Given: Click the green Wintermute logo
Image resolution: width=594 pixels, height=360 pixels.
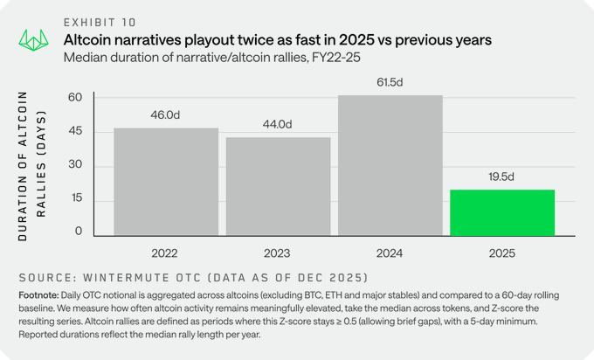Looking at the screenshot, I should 33,40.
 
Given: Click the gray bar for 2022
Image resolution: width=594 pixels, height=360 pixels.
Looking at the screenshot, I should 166,182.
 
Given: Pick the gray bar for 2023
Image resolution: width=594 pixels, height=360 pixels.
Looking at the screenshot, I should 278,186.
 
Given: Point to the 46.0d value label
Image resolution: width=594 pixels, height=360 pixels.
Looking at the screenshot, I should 166,114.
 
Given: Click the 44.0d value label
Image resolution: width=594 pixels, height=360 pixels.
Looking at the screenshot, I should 279,123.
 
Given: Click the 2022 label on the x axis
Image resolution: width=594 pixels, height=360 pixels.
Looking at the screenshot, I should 166,253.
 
